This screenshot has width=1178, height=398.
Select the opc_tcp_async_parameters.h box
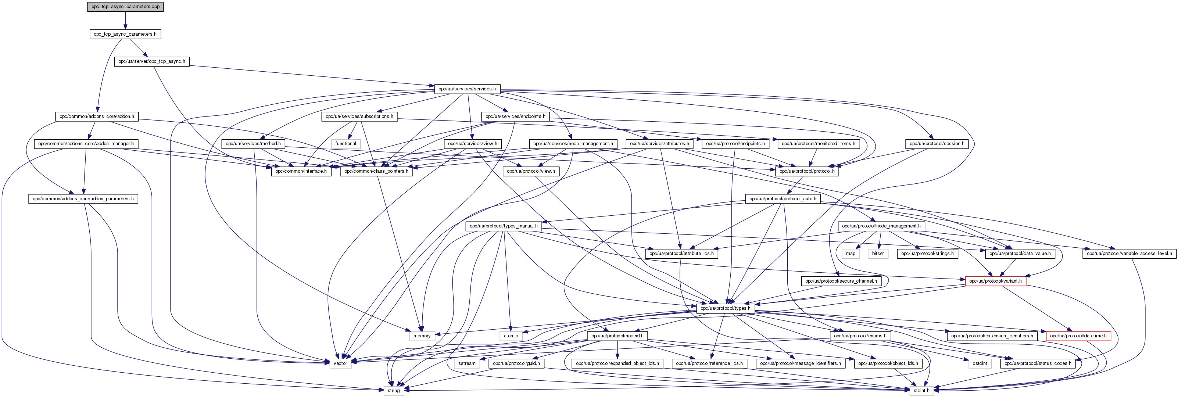tap(125, 34)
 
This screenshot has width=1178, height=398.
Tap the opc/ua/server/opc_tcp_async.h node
tap(152, 62)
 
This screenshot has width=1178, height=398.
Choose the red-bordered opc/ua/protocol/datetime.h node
tap(1078, 336)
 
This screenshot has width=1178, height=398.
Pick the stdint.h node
tap(921, 391)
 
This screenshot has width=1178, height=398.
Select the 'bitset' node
tap(878, 254)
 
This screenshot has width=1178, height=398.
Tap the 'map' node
tap(851, 254)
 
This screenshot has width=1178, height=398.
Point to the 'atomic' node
tap(511, 336)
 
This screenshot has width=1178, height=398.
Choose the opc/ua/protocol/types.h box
tap(725, 309)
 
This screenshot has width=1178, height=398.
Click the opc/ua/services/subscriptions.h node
tap(359, 116)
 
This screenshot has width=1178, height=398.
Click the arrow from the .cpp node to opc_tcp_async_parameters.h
tap(125, 21)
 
